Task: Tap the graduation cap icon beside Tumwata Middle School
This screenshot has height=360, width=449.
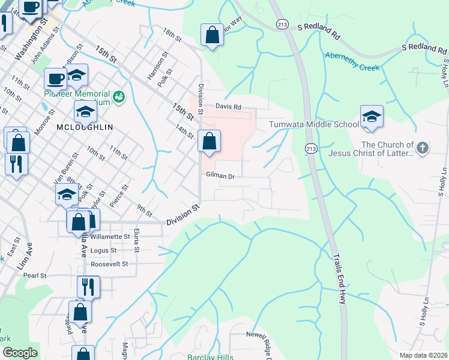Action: point(372,118)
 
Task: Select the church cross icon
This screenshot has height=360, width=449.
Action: point(423,148)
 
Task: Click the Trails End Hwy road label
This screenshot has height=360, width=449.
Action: point(338,278)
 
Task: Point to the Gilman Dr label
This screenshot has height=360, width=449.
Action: point(219,176)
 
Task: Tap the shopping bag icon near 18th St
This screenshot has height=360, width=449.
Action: point(212,35)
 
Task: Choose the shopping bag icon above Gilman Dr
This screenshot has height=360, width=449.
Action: point(209,142)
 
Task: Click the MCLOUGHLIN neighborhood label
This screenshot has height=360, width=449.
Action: point(84,127)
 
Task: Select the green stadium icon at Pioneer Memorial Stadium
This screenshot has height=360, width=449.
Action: point(119,96)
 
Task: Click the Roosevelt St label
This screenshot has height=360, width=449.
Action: point(109,263)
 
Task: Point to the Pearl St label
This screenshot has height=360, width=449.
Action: point(35,275)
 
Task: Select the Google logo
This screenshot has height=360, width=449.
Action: point(19,353)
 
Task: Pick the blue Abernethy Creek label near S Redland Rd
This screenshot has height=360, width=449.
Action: point(352,62)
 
